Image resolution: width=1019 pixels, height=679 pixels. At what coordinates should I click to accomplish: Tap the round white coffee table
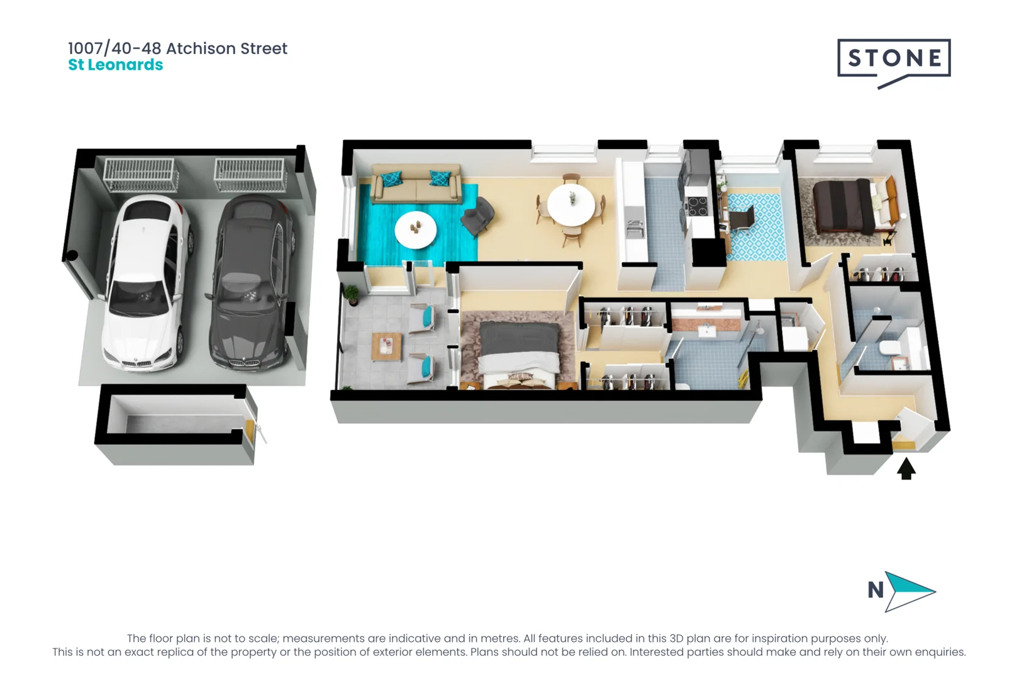tap(415, 229)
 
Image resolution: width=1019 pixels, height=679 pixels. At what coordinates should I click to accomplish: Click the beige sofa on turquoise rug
tap(416, 184)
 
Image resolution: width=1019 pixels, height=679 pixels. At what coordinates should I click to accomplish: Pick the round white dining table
tap(571, 205)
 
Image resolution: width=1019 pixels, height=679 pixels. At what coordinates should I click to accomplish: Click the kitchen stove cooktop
tap(697, 206)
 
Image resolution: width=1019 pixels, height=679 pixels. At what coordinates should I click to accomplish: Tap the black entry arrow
tap(906, 469)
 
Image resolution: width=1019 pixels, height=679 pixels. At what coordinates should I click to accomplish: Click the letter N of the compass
tap(876, 590)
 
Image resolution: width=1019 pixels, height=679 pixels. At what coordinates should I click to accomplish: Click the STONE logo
tap(893, 59)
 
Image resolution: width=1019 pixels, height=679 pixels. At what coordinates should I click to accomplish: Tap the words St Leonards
tap(116, 65)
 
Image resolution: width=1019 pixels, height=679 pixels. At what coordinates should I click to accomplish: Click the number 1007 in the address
tap(85, 48)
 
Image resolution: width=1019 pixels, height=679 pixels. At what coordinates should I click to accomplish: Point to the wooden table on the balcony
tap(386, 346)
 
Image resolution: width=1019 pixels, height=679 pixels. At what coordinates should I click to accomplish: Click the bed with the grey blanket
tap(519, 352)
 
